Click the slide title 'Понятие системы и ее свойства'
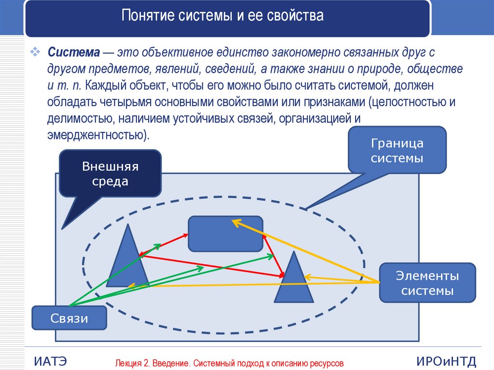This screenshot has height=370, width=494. point(222,17)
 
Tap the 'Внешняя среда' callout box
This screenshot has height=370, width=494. point(110,174)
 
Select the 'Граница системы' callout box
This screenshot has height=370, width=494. point(397,151)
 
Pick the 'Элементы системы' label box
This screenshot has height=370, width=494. point(427,284)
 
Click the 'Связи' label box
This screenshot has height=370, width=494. point(69,318)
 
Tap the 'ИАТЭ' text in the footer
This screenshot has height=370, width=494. point(51,361)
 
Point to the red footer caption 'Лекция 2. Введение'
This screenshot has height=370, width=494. point(229,363)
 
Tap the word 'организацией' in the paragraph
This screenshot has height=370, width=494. point(314,119)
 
